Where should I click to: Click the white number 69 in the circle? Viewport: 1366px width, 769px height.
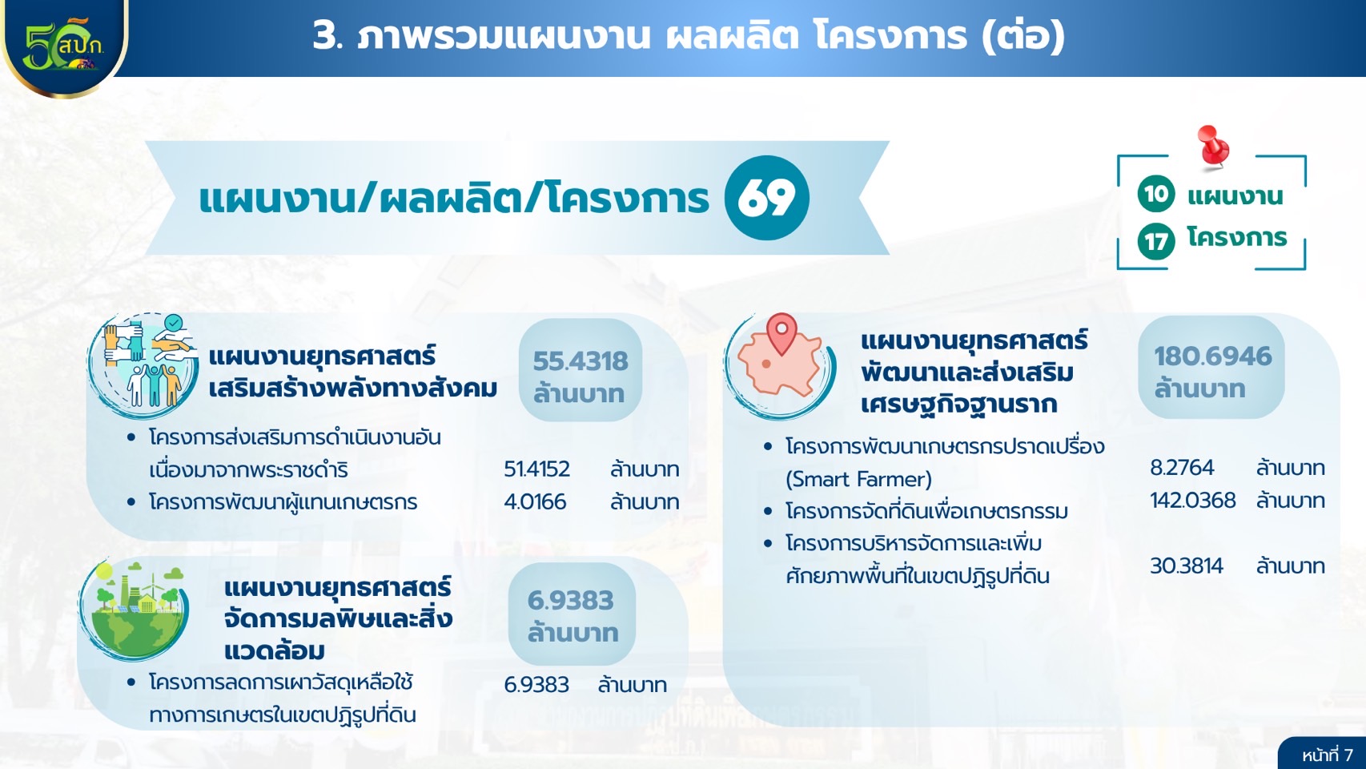766,198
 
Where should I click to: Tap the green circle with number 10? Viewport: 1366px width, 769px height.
1156,194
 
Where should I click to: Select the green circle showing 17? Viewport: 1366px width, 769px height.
1156,242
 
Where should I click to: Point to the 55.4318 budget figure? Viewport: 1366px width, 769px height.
581,361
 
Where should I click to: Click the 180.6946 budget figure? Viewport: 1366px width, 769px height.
1212,356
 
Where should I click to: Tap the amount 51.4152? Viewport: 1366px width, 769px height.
536,469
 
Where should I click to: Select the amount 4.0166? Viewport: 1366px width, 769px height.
535,501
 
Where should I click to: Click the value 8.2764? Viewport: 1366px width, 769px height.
1182,468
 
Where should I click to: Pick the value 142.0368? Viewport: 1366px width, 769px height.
1193,501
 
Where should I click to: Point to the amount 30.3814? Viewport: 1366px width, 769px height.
1187,566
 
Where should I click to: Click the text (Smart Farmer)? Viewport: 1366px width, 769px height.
858,480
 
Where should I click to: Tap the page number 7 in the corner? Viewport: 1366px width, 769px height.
1348,755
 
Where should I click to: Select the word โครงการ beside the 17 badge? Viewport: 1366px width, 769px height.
1237,237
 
